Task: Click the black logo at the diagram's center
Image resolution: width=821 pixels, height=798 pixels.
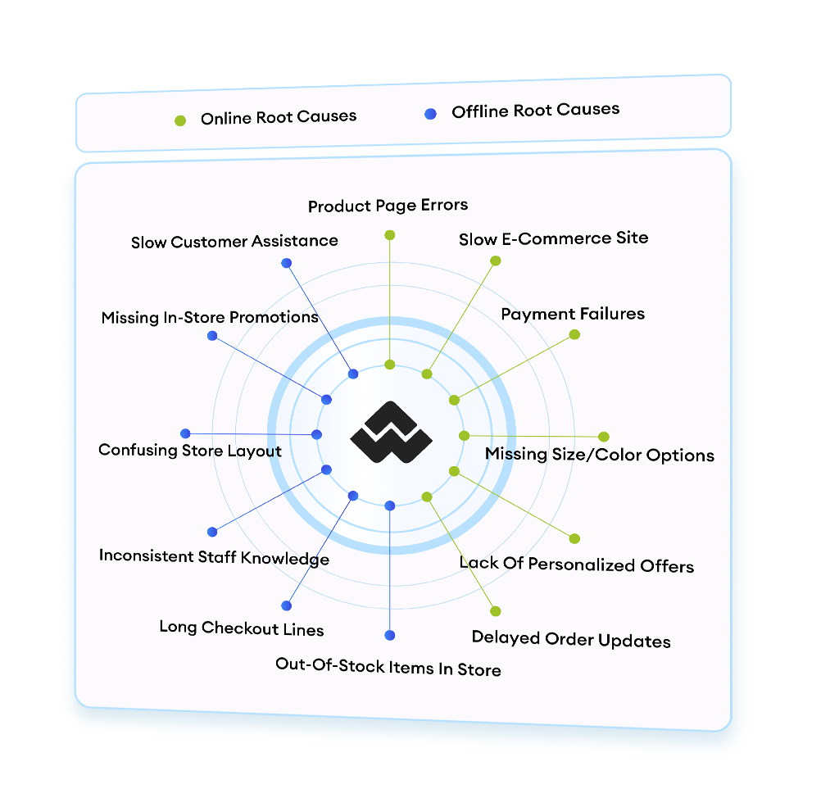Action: pyautogui.click(x=390, y=433)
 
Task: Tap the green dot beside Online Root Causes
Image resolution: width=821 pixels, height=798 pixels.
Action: pyautogui.click(x=180, y=120)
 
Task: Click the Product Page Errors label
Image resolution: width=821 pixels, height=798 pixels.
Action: pyautogui.click(x=388, y=205)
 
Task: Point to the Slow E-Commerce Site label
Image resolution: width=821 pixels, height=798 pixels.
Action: pyautogui.click(x=553, y=239)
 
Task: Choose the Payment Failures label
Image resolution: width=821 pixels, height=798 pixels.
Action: pyautogui.click(x=573, y=314)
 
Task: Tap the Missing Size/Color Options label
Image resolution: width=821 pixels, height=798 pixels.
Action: pyautogui.click(x=599, y=455)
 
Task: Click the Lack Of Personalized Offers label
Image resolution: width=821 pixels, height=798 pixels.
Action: pyautogui.click(x=576, y=564)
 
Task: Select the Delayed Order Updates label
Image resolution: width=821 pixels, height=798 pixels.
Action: pyautogui.click(x=571, y=640)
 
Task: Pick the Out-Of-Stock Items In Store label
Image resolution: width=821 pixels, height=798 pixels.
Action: pyautogui.click(x=388, y=668)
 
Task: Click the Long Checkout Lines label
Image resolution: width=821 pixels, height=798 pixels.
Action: pyautogui.click(x=242, y=628)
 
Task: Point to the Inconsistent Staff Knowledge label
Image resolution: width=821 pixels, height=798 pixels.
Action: pyautogui.click(x=214, y=557)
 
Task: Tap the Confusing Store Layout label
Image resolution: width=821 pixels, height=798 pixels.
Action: pyautogui.click(x=190, y=451)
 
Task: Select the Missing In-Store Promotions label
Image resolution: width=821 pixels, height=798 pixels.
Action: pyautogui.click(x=210, y=317)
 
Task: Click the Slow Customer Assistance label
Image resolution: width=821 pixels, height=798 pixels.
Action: pyautogui.click(x=234, y=242)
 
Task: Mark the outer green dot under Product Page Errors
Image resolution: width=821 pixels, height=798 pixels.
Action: pyautogui.click(x=390, y=235)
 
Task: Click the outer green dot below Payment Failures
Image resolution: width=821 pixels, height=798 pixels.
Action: pyautogui.click(x=574, y=334)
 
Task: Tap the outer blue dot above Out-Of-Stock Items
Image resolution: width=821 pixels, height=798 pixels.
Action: pyautogui.click(x=390, y=635)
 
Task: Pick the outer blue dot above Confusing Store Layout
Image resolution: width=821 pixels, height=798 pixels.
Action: pyautogui.click(x=185, y=433)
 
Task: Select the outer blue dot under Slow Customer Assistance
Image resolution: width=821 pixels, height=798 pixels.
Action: pyautogui.click(x=286, y=263)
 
